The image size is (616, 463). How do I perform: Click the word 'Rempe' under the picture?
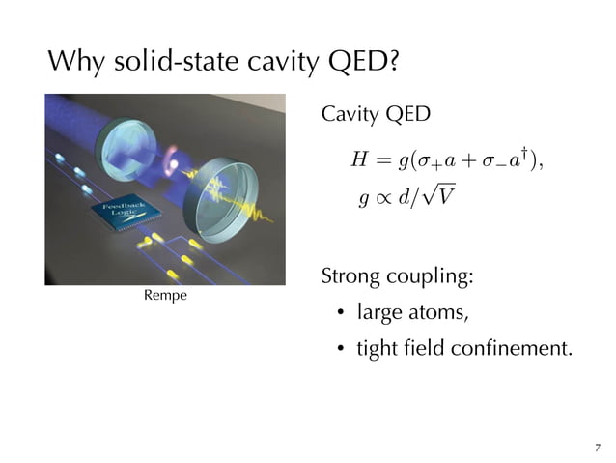(165, 294)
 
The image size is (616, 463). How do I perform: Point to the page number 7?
(598, 447)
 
